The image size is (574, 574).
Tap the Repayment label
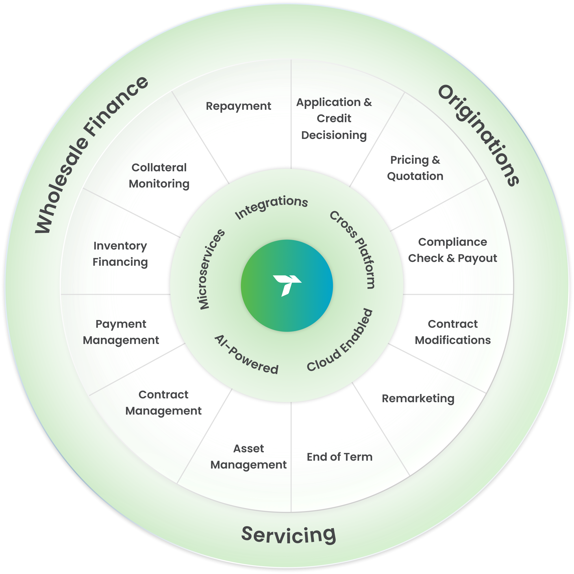click(x=238, y=106)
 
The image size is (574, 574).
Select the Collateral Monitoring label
click(x=159, y=176)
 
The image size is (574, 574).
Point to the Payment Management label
click(x=121, y=332)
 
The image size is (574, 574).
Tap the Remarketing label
click(x=418, y=398)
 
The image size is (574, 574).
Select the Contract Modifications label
click(x=452, y=332)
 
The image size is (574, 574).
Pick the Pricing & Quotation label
click(x=415, y=168)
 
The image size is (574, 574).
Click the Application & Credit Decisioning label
click(x=334, y=119)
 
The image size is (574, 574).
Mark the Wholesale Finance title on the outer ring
click(x=91, y=154)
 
